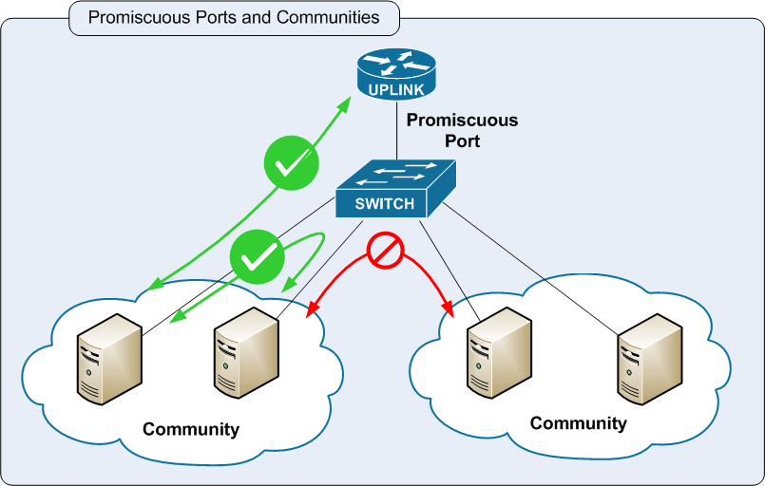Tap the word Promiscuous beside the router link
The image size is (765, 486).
pyautogui.click(x=462, y=121)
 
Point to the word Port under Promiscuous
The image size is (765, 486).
pyautogui.click(x=462, y=141)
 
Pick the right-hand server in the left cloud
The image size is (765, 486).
pyautogui.click(x=244, y=351)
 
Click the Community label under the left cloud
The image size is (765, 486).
pyautogui.click(x=191, y=429)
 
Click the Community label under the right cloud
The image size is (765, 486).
pyautogui.click(x=578, y=423)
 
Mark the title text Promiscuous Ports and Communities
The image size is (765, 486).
pyautogui.click(x=234, y=17)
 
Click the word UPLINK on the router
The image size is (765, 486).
pyautogui.click(x=395, y=90)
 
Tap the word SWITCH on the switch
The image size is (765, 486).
pyautogui.click(x=384, y=203)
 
